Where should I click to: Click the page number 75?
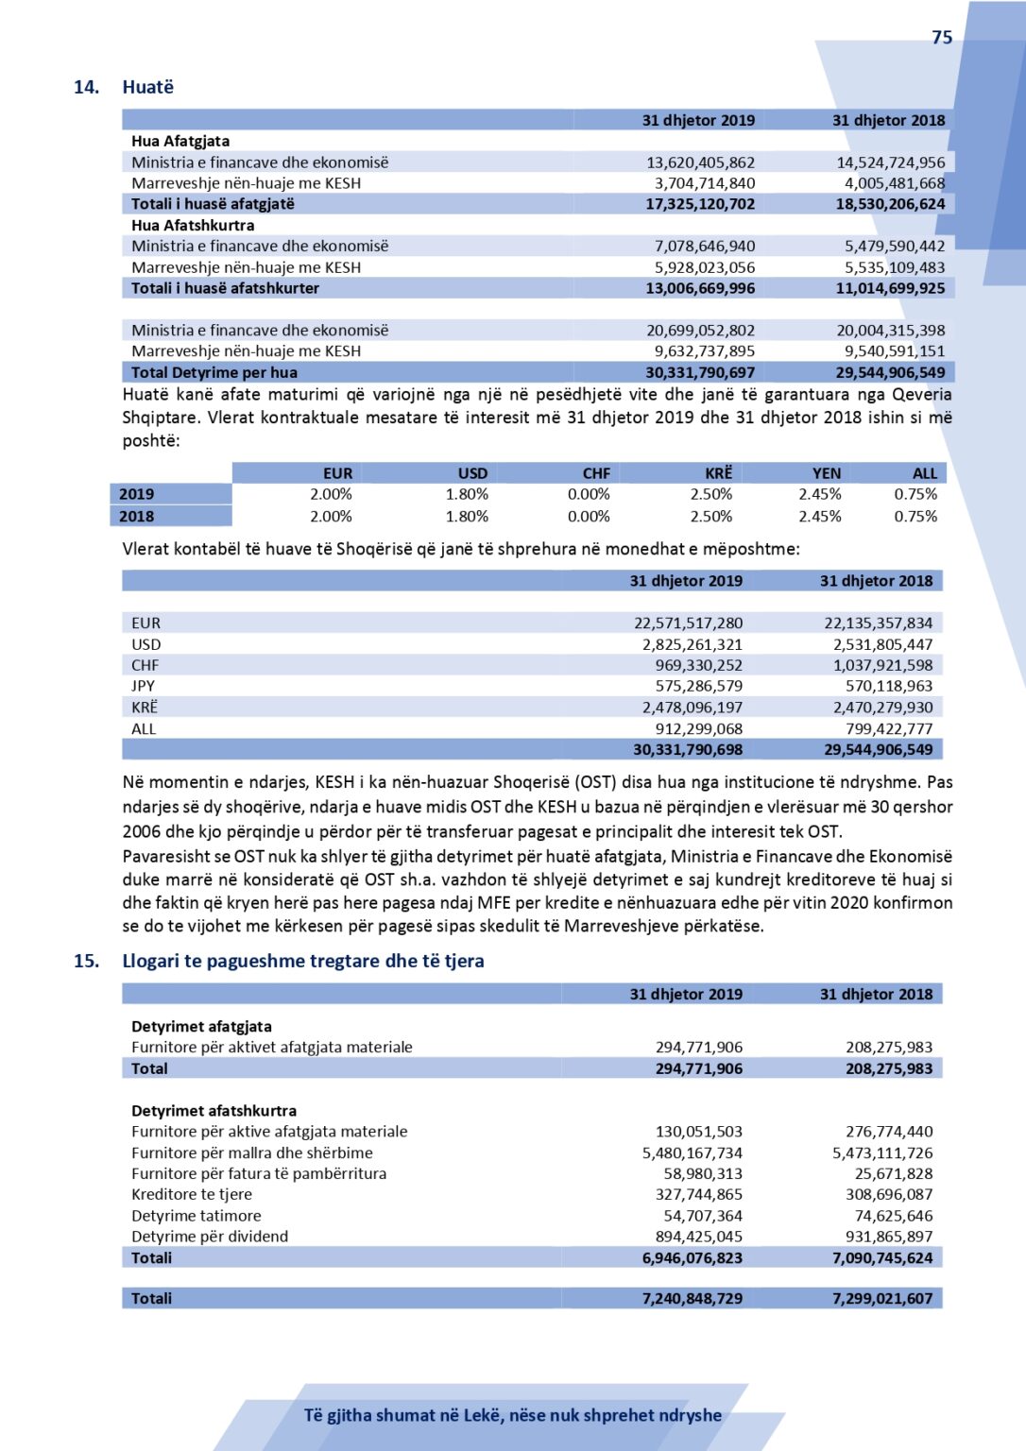click(x=942, y=38)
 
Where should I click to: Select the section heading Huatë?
click(x=148, y=87)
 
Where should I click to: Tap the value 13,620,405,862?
click(x=700, y=162)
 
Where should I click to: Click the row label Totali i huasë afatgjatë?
click(x=213, y=204)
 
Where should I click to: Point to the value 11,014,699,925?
click(x=890, y=288)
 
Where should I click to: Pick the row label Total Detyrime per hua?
click(x=214, y=372)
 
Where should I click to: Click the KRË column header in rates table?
click(x=718, y=473)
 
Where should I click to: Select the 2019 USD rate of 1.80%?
click(x=467, y=494)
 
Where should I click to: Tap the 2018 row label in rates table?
click(x=137, y=516)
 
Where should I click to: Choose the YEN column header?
click(x=827, y=473)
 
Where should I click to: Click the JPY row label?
click(x=144, y=686)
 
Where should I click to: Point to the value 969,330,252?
click(x=698, y=665)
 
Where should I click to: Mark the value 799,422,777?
click(x=889, y=728)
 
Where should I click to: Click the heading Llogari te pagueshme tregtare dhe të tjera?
click(x=303, y=961)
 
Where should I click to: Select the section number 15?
click(x=86, y=961)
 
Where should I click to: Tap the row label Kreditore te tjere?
click(x=192, y=1194)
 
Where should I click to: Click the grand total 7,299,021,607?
click(x=882, y=1298)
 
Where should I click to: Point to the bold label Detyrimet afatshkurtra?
click(x=214, y=1111)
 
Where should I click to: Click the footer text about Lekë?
click(x=513, y=1415)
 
